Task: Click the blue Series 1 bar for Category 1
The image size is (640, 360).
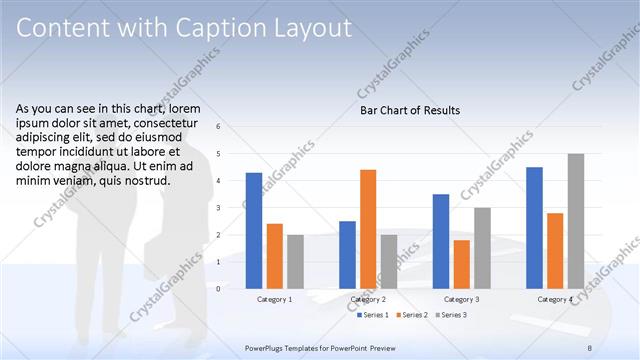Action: click(254, 230)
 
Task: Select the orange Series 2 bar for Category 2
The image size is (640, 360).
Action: click(368, 229)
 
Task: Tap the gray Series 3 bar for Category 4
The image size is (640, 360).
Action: click(575, 221)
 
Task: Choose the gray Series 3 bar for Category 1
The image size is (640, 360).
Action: click(295, 261)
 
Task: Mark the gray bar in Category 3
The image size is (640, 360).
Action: click(482, 248)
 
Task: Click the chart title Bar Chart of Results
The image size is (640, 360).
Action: click(410, 110)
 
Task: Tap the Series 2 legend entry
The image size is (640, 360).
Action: click(410, 315)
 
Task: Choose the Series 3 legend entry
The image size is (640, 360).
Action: click(451, 315)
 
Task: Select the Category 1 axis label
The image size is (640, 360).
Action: click(274, 299)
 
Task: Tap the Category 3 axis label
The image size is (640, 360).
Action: click(461, 299)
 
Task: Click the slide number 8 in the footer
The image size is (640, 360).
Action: click(590, 346)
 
